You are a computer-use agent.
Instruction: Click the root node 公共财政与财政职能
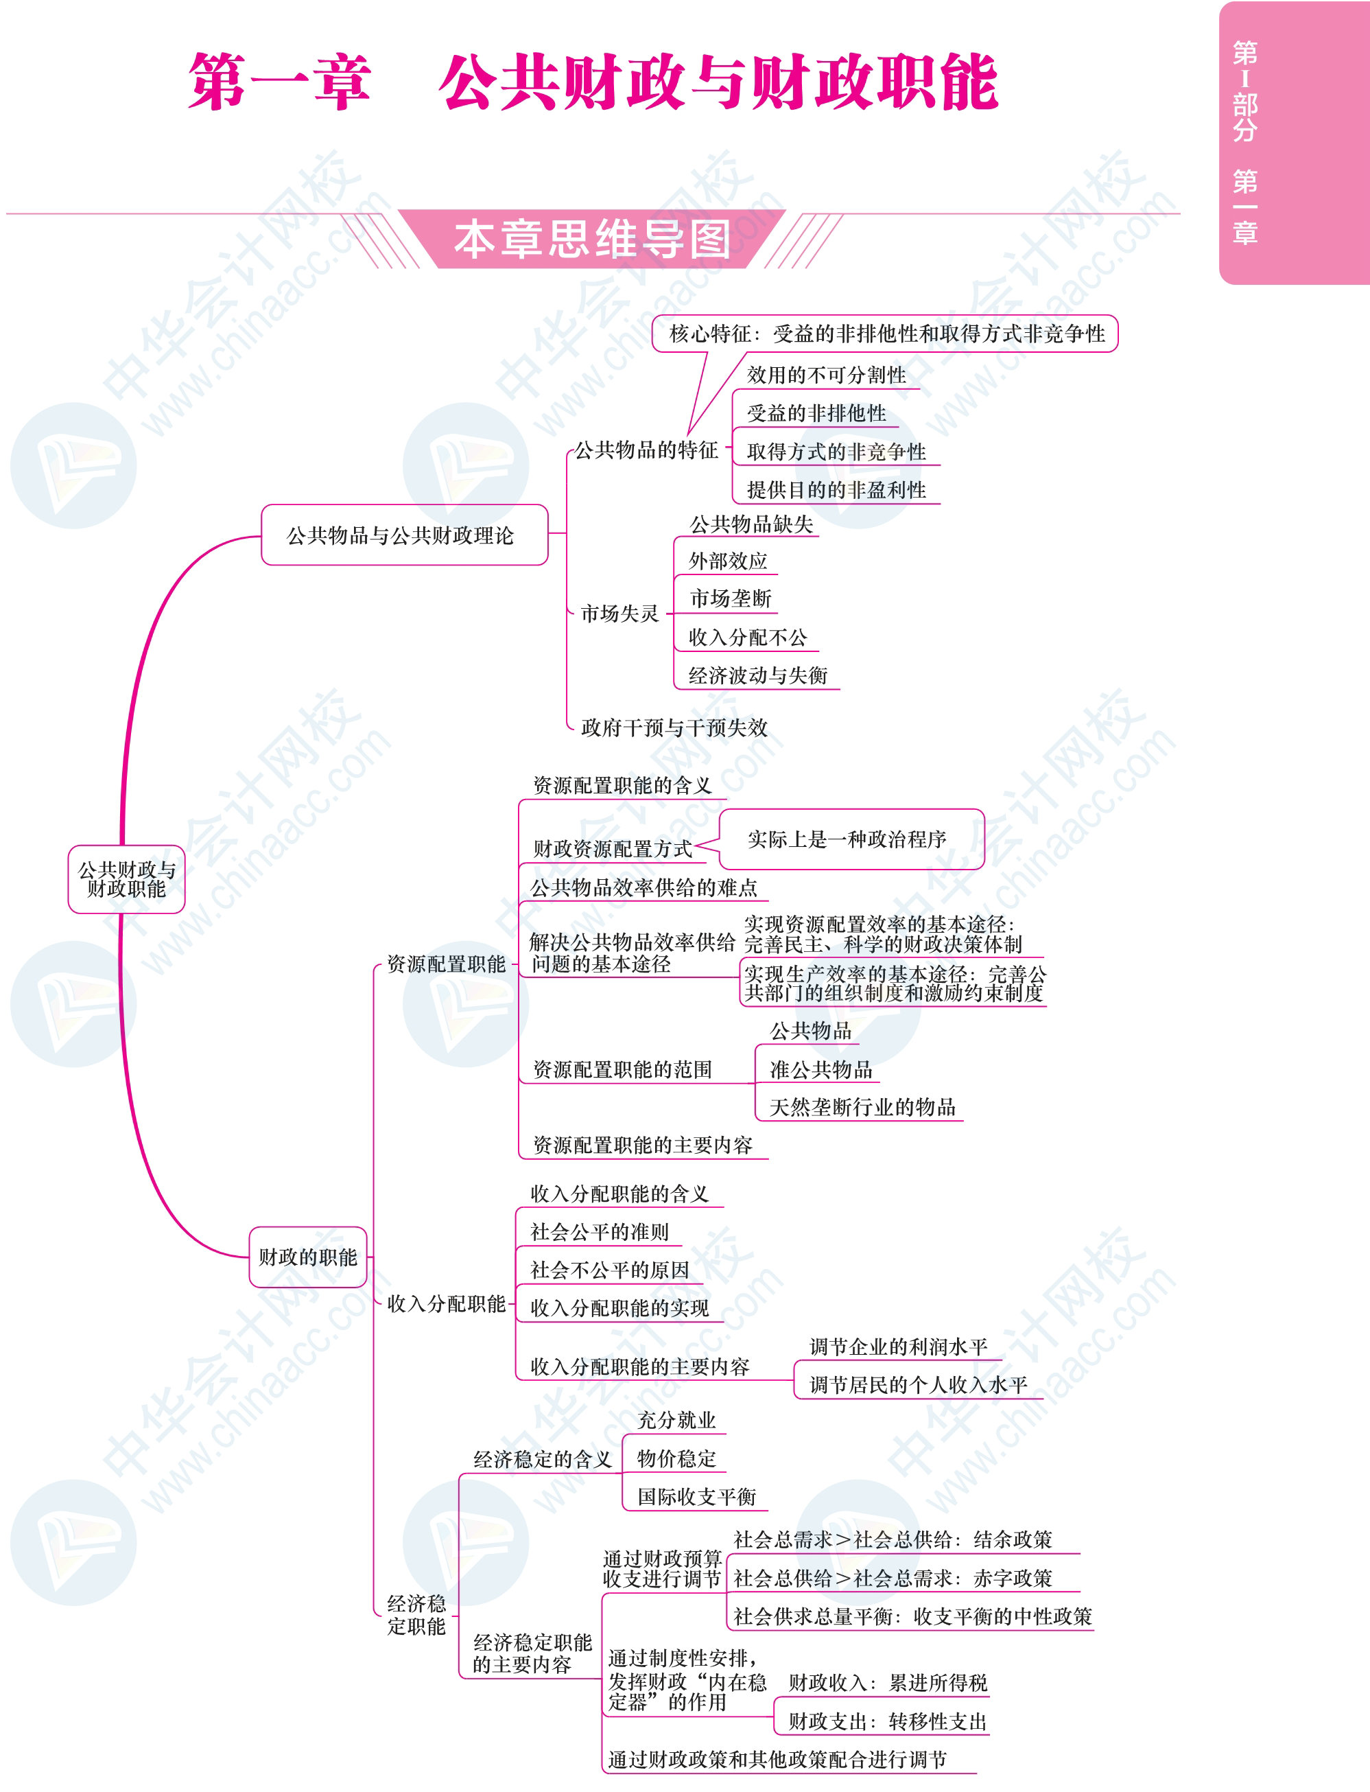[x=126, y=878]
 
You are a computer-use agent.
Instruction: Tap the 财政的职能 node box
[x=307, y=1256]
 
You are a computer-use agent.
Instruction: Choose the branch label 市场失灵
[x=619, y=613]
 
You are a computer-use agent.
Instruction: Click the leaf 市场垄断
[x=731, y=598]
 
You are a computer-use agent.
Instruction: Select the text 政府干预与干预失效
[x=674, y=727]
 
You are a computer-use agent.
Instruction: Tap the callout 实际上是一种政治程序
[x=851, y=839]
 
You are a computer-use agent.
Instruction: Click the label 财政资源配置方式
[x=613, y=848]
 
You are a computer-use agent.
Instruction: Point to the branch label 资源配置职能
[x=446, y=964]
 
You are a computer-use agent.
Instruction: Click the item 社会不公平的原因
[x=609, y=1269]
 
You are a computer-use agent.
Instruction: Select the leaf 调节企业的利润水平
[x=898, y=1346]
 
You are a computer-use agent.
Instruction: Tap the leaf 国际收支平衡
[x=696, y=1496]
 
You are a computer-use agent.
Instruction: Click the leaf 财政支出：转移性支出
[x=887, y=1721]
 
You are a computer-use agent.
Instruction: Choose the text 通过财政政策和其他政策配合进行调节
[x=777, y=1759]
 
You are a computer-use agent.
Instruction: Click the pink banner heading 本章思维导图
[x=592, y=239]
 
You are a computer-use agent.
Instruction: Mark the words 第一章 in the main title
[x=280, y=82]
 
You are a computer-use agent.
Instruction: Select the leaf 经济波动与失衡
[x=757, y=675]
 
